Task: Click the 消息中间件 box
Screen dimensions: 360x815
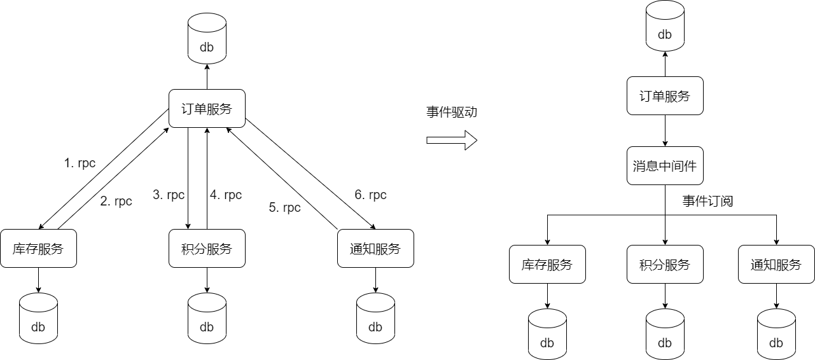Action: (x=665, y=166)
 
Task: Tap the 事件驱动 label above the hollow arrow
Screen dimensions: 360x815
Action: (x=451, y=113)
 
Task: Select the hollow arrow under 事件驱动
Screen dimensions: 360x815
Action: (x=451, y=140)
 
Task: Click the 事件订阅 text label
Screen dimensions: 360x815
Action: (x=707, y=202)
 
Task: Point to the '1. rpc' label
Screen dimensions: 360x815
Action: (x=80, y=163)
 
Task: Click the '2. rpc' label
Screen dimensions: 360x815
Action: (x=116, y=202)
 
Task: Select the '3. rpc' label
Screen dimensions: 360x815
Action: (x=169, y=195)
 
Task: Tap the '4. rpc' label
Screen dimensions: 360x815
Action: (x=226, y=195)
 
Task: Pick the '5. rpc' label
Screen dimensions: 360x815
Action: (x=284, y=208)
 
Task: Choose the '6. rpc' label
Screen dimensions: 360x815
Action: (x=370, y=195)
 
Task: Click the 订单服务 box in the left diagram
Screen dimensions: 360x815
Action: (x=207, y=109)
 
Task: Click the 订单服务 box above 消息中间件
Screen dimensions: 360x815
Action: (x=665, y=96)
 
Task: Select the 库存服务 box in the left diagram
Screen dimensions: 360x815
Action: (x=38, y=249)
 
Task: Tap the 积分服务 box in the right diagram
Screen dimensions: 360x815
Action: (x=665, y=265)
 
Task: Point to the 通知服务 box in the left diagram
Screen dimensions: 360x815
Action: (x=375, y=249)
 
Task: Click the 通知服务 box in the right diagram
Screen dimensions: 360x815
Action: (x=776, y=265)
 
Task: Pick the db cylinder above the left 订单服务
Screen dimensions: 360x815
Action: (x=207, y=39)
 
